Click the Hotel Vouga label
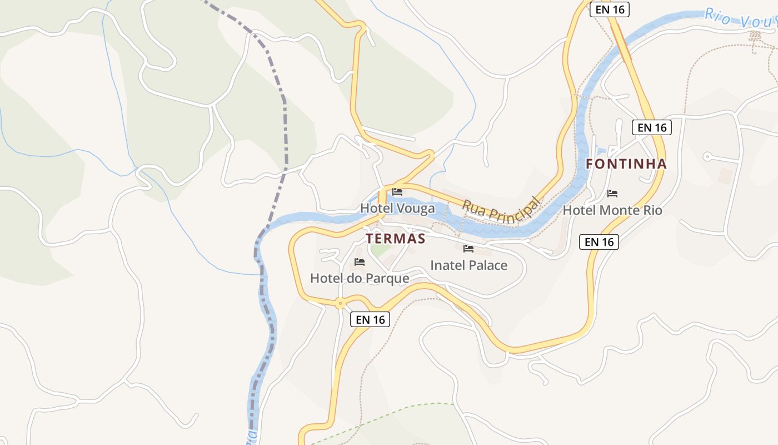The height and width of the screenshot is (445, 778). tap(397, 209)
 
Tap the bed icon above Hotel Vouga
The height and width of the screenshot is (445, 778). tap(397, 192)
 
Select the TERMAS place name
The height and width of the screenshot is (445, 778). tap(396, 239)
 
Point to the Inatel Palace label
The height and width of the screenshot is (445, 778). tap(469, 265)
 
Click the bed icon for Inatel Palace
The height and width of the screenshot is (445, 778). tap(468, 248)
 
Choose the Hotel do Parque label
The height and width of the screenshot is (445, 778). tap(360, 278)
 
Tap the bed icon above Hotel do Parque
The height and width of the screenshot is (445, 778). tap(360, 261)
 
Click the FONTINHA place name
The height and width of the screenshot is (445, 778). tap(626, 164)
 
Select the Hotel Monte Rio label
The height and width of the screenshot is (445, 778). tap(612, 210)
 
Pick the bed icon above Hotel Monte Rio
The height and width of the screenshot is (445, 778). tap(612, 194)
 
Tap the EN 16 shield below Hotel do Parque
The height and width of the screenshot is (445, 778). tap(371, 319)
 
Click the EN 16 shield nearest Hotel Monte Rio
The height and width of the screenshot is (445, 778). tap(599, 242)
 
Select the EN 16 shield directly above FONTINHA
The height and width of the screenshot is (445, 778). tap(652, 127)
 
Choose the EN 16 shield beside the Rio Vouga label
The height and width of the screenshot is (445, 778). tap(609, 9)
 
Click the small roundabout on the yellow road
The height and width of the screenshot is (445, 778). tap(340, 303)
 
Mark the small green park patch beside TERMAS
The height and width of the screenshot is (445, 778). tap(380, 250)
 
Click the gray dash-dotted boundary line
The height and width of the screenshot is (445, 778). tap(286, 133)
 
